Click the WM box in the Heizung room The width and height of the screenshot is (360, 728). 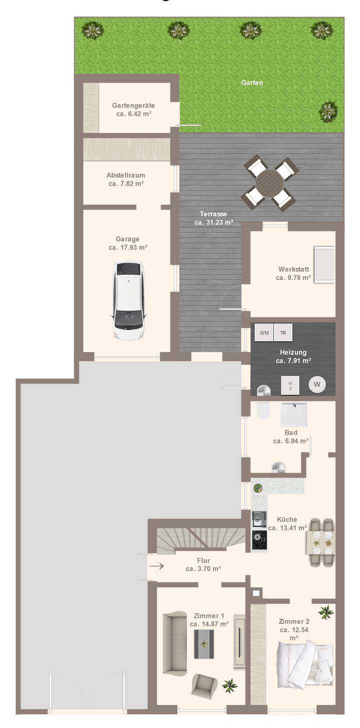pos(264,332)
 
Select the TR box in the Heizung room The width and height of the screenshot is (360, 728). pos(283,332)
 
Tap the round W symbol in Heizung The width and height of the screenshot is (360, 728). pos(316,384)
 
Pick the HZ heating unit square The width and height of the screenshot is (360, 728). pos(290,384)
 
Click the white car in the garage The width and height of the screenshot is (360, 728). pos(128,300)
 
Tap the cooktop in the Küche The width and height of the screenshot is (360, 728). pos(259,540)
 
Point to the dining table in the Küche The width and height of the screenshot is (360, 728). pos(321,542)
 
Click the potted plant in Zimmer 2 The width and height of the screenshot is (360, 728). pos(325,611)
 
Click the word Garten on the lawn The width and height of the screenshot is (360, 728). pos(252,83)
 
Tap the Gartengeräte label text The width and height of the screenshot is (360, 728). pos(133,105)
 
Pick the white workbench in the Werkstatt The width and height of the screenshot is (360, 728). pos(324,264)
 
